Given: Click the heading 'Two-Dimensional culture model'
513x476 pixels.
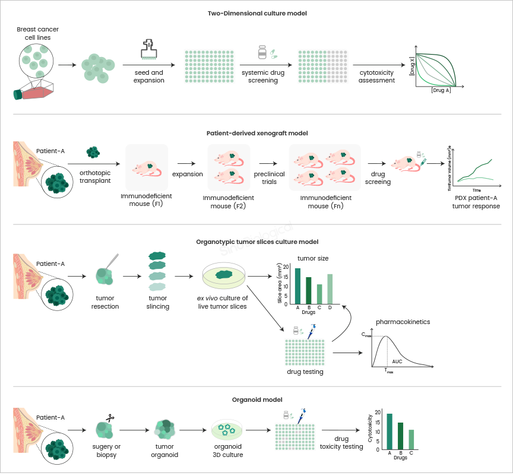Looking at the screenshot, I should (256, 12).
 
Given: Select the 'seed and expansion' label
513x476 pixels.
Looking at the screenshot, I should (148, 77).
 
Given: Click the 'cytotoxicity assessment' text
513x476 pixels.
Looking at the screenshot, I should (376, 77).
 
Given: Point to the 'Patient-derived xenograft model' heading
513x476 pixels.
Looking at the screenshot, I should (256, 133).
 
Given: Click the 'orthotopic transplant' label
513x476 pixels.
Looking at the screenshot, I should (94, 177).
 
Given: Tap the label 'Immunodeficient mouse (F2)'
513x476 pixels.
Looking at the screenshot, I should (228, 202).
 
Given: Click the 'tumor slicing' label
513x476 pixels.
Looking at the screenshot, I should (157, 303).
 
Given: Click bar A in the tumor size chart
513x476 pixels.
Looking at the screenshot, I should (297, 285).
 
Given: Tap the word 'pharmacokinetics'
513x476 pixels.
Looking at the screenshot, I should (403, 322).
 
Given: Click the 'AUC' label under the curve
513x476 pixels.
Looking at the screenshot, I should (397, 361).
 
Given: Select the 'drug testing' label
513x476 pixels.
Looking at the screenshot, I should (305, 372).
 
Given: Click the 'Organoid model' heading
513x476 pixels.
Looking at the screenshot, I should (256, 399).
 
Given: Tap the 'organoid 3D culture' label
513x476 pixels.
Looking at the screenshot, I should (228, 450).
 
